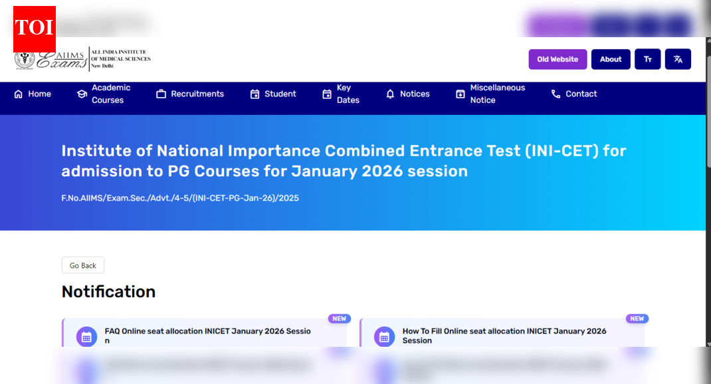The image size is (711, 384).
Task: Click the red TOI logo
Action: pos(34,29)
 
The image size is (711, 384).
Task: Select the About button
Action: pos(611,59)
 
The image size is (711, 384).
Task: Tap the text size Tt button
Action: pos(647,59)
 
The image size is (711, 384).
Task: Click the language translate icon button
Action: pos(678,59)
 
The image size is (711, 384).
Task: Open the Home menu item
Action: pos(33,94)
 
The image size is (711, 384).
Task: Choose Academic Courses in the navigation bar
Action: pos(104,94)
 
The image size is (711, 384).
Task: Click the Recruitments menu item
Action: pos(190,94)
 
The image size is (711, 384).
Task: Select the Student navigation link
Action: pos(273,94)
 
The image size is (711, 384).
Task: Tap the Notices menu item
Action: pos(408,94)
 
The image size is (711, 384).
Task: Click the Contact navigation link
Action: pos(574,94)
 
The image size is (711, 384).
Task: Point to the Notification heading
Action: pos(108,292)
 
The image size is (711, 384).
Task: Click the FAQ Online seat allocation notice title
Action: pos(207,336)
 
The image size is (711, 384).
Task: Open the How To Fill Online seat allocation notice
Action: pos(504,336)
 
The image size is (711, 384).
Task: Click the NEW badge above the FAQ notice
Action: pos(340,319)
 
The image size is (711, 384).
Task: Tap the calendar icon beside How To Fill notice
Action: pos(384,336)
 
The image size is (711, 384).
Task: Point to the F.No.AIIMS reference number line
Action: pos(180,198)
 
